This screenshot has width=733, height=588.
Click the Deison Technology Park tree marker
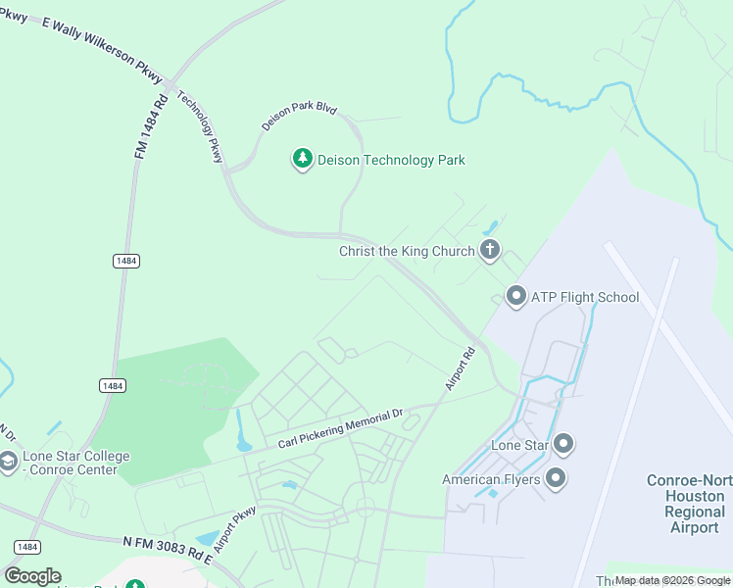point(303,159)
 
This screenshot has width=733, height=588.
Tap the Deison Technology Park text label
point(391,160)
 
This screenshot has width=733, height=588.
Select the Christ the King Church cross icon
point(490,251)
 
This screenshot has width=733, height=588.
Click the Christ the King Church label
point(406,252)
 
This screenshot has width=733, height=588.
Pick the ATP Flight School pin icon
point(515,296)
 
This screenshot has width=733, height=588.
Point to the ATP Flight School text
point(584,297)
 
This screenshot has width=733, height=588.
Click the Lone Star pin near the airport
point(562,445)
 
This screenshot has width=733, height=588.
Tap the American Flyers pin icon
point(556,479)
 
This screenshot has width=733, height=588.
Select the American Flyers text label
point(489,480)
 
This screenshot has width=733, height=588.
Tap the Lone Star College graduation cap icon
point(8,462)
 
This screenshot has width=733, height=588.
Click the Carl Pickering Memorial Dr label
point(340,429)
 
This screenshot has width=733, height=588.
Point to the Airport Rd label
point(460,368)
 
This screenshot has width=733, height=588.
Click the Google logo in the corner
point(32,576)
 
